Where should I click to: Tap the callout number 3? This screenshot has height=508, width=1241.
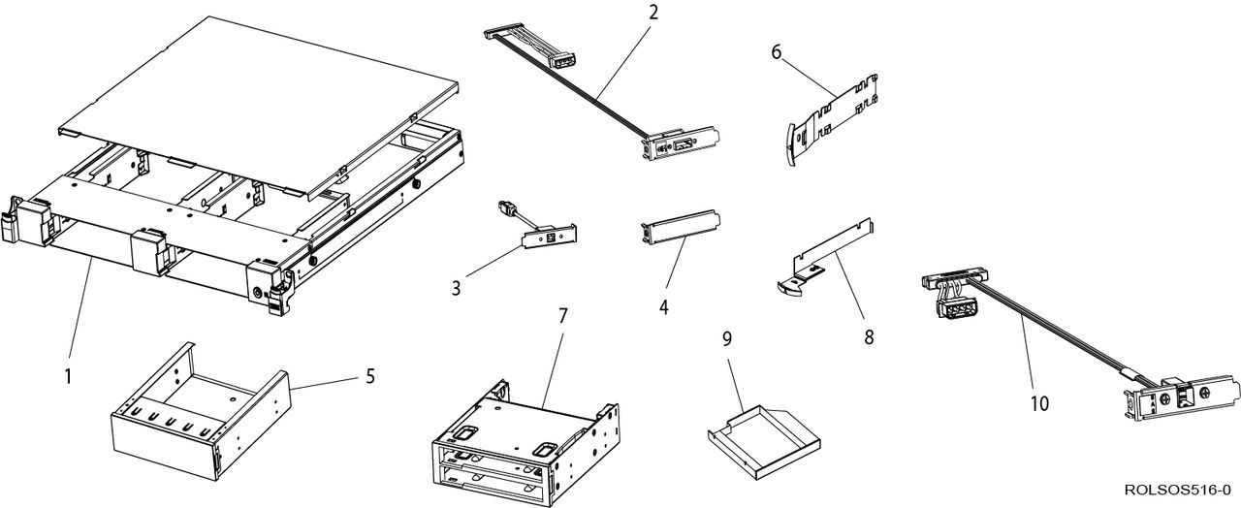pyautogui.click(x=456, y=288)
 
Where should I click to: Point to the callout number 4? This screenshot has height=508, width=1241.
pyautogui.click(x=663, y=306)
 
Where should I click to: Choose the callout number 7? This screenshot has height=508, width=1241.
pyautogui.click(x=562, y=316)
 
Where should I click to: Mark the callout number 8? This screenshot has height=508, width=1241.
pyautogui.click(x=869, y=337)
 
